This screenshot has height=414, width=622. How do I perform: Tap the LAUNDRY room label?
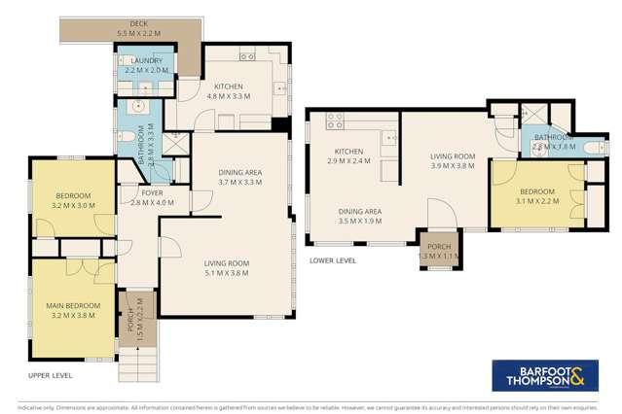(x=143, y=60)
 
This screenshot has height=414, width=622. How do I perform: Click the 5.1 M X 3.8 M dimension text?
(x=226, y=273)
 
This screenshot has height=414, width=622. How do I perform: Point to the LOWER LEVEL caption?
(x=330, y=260)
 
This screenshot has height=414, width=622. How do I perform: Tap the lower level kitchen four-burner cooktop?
(x=337, y=121)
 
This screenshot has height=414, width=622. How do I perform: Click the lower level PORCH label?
(x=439, y=247)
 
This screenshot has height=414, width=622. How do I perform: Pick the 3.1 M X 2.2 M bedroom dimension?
(x=536, y=201)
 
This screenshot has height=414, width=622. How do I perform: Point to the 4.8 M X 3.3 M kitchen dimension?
(x=229, y=95)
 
